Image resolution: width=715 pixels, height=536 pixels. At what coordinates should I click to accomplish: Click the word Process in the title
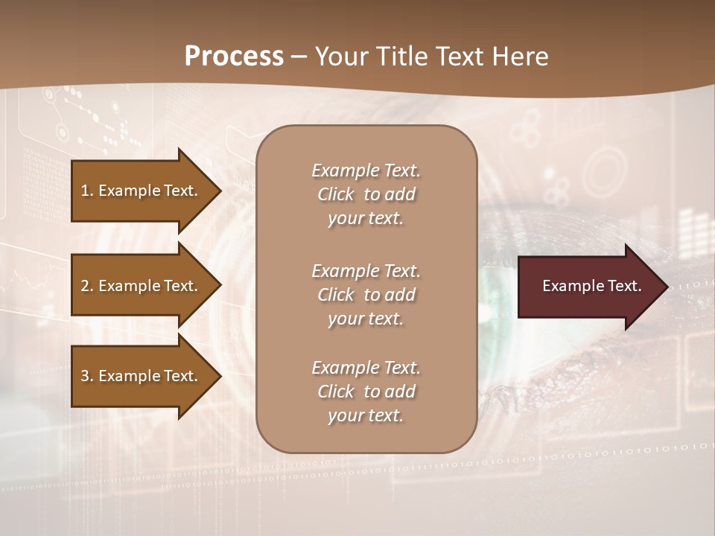tap(234, 57)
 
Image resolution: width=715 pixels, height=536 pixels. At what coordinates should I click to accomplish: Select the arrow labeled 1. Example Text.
tap(142, 191)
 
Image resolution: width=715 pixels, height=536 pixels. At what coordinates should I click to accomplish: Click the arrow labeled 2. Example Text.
tap(142, 286)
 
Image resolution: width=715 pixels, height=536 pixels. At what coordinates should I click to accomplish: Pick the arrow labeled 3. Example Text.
tap(142, 376)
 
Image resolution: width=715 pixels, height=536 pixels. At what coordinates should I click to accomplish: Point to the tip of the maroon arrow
tap(665, 287)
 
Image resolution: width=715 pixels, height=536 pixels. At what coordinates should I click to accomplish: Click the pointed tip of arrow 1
tap(218, 191)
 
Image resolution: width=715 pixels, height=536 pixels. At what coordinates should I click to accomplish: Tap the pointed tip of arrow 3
tap(218, 376)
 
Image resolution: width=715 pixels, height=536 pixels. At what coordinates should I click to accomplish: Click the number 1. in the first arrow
tap(87, 191)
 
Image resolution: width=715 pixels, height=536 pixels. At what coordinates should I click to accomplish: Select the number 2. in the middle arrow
tap(87, 286)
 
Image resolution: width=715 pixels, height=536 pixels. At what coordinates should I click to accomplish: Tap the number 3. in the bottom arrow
tap(87, 376)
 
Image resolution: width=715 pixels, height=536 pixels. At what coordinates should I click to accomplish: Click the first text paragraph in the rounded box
tap(366, 194)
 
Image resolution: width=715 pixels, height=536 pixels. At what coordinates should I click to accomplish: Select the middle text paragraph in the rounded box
tap(366, 294)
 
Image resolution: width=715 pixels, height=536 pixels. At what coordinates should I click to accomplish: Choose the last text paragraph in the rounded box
tap(366, 392)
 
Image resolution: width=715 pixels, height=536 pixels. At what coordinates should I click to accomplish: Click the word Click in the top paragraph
tap(336, 194)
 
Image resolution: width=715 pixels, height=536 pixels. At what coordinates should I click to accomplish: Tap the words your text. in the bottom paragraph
tap(366, 415)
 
